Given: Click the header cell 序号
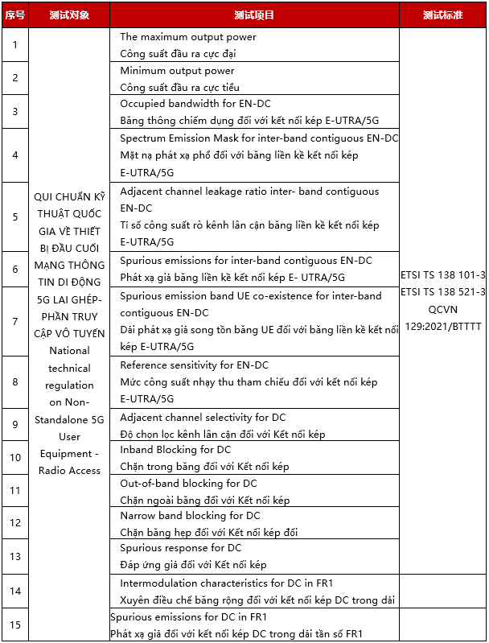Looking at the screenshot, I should [14, 15].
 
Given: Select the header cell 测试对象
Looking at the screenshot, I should [68, 15].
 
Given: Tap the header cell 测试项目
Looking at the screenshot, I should [254, 15].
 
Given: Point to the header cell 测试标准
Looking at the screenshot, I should [443, 15].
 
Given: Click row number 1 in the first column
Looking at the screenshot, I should [14, 45].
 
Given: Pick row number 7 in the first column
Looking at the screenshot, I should [14, 321].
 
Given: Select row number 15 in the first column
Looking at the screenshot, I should [14, 624].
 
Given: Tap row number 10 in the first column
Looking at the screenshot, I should [14, 458].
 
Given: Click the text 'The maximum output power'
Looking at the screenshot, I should [188, 37].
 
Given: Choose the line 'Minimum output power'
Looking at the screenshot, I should [178, 71].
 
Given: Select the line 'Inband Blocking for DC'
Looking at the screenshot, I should [175, 450].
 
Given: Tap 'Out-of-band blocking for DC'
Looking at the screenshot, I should [188, 484].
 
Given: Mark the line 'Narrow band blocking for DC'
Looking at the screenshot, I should [190, 516].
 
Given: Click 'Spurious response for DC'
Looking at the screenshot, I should [181, 548].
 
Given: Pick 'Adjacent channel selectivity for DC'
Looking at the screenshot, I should [203, 418].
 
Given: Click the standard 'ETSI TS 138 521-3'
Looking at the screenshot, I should [442, 291].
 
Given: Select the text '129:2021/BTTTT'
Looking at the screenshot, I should [442, 325].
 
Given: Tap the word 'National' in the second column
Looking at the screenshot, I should [69, 351].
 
